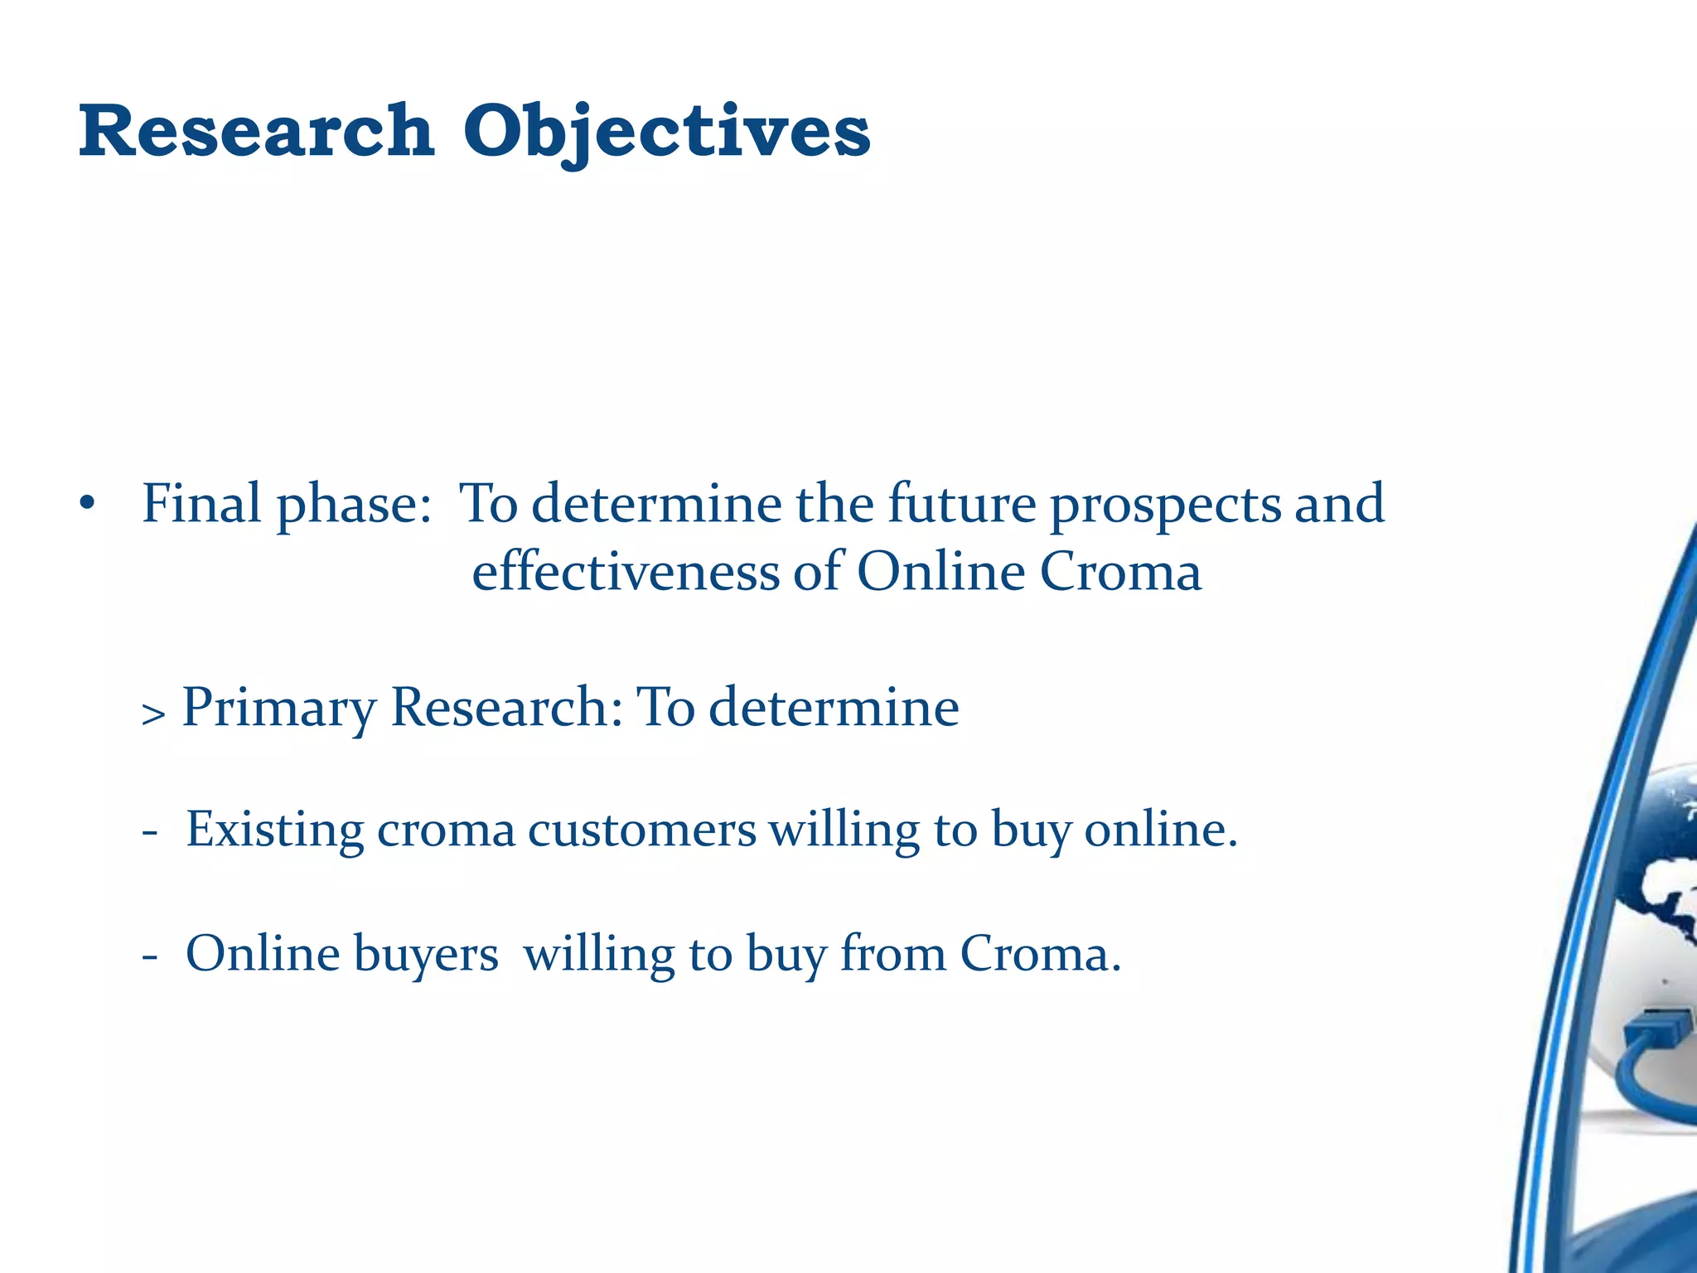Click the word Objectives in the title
click(x=666, y=133)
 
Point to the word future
click(x=961, y=503)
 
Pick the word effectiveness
click(x=626, y=572)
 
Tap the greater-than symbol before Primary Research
click(x=153, y=713)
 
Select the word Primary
click(x=278, y=709)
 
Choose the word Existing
click(x=274, y=830)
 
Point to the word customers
click(x=641, y=830)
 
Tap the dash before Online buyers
click(x=150, y=956)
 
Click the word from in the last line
click(x=892, y=953)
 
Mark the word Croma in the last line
click(x=1039, y=953)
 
